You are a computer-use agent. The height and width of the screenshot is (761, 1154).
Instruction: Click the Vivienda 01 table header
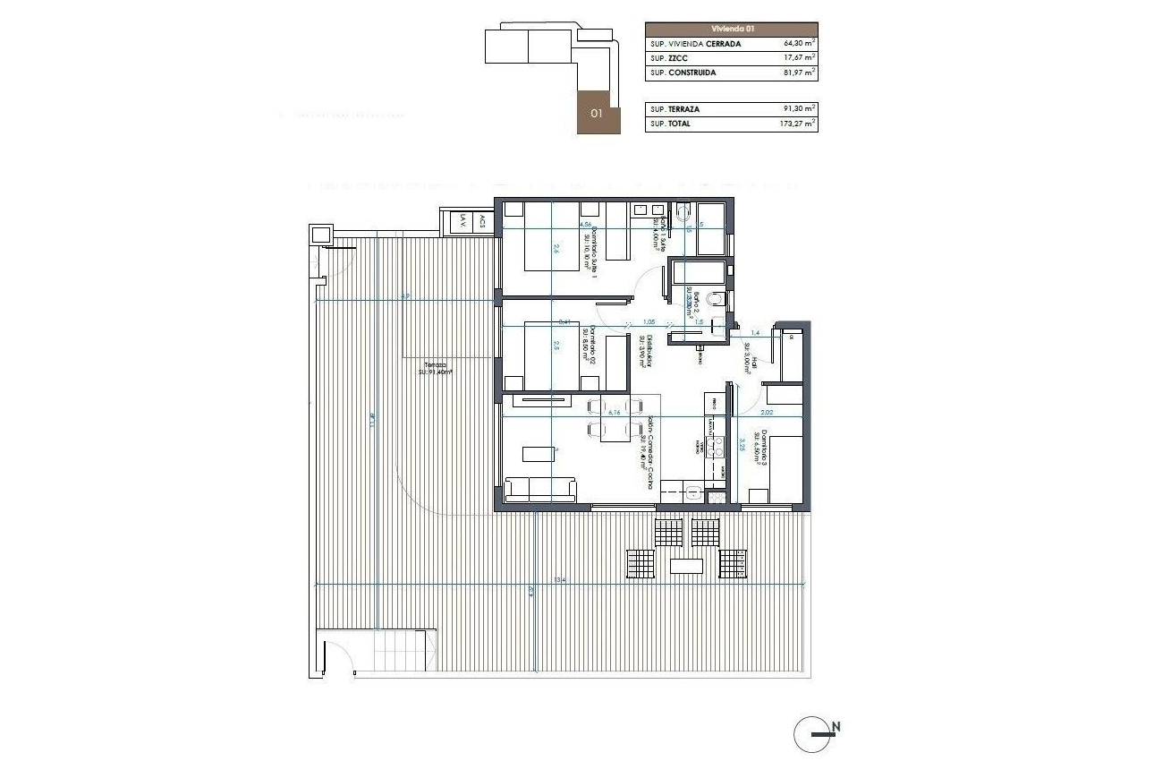tap(731, 29)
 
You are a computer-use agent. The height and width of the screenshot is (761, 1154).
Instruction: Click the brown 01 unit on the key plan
tap(596, 114)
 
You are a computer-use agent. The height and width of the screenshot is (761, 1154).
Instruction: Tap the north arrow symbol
tap(816, 733)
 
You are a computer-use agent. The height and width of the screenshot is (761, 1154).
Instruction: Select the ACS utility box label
tap(482, 221)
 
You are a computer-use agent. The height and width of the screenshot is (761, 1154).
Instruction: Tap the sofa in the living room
tap(541, 490)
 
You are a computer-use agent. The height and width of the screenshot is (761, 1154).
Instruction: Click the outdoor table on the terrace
tap(686, 566)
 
